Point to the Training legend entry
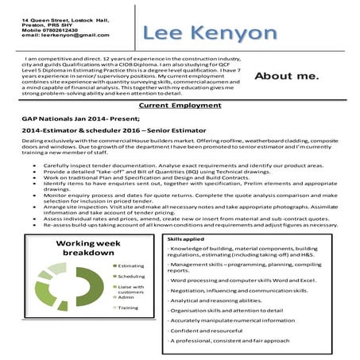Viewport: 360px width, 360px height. [x=130, y=308]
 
